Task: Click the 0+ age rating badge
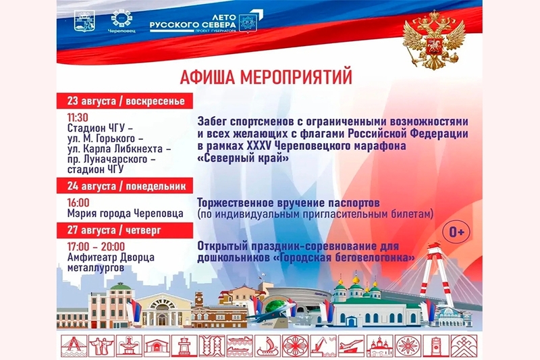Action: (456, 232)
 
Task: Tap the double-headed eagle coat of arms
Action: (434, 40)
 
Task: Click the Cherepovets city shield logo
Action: (85, 21)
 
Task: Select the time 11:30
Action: (78, 118)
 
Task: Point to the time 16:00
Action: (78, 203)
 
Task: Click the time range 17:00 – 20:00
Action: (96, 247)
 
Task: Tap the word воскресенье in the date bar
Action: (155, 101)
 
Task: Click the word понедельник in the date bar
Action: (156, 186)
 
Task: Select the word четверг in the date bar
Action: (143, 230)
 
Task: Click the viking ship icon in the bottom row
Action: (267, 346)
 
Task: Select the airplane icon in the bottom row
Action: (351, 346)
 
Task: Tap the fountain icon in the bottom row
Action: (129, 346)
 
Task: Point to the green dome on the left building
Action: (120, 286)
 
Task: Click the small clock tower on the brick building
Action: (199, 300)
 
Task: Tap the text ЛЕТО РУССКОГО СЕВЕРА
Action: (193, 22)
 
